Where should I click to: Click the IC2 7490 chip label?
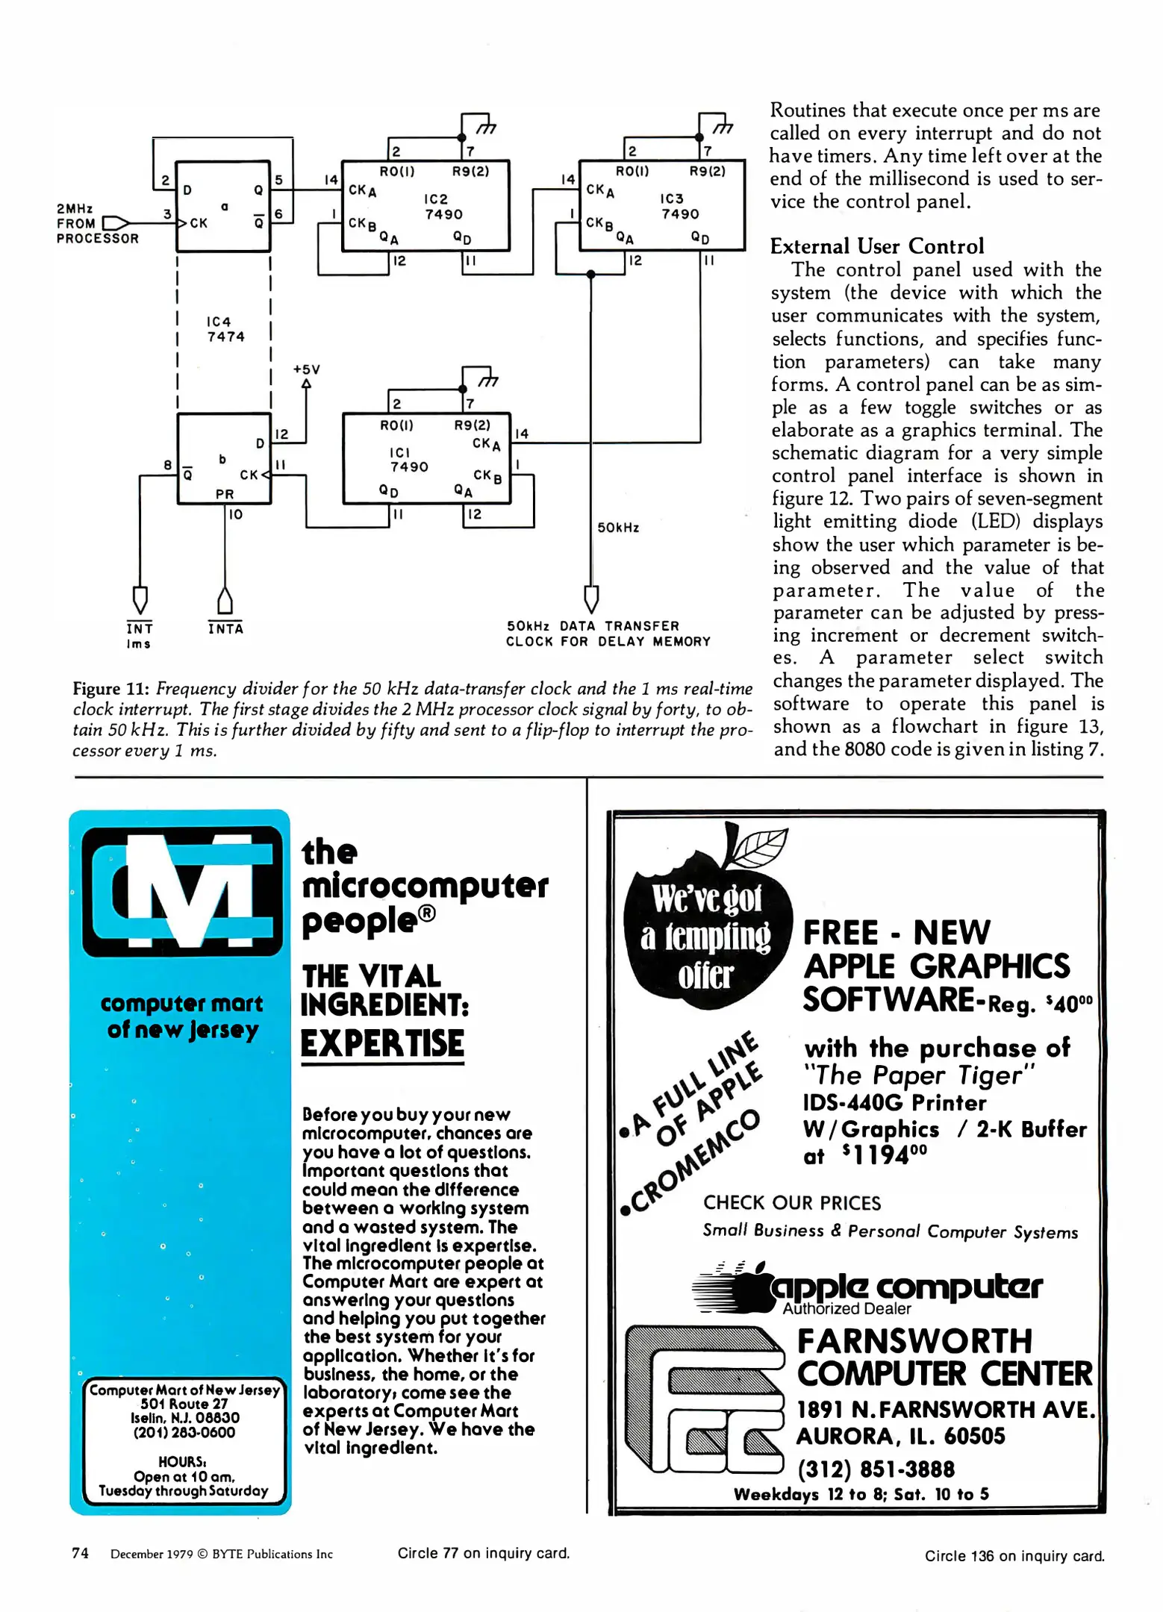(x=443, y=207)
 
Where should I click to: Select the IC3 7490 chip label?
(x=679, y=206)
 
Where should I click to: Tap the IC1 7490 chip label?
(x=408, y=460)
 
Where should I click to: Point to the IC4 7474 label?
(x=225, y=329)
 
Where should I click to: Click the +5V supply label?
(x=306, y=369)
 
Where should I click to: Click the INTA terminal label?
(x=225, y=628)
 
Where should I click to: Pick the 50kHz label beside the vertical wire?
(x=618, y=528)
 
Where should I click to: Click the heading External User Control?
(x=876, y=246)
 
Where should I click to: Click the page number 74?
(x=80, y=1553)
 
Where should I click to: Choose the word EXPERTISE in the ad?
(x=382, y=1043)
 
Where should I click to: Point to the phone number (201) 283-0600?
(x=184, y=1432)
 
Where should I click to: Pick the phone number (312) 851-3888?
(x=876, y=1469)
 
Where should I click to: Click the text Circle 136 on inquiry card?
(x=1014, y=1556)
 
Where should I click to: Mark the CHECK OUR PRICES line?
(x=791, y=1203)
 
